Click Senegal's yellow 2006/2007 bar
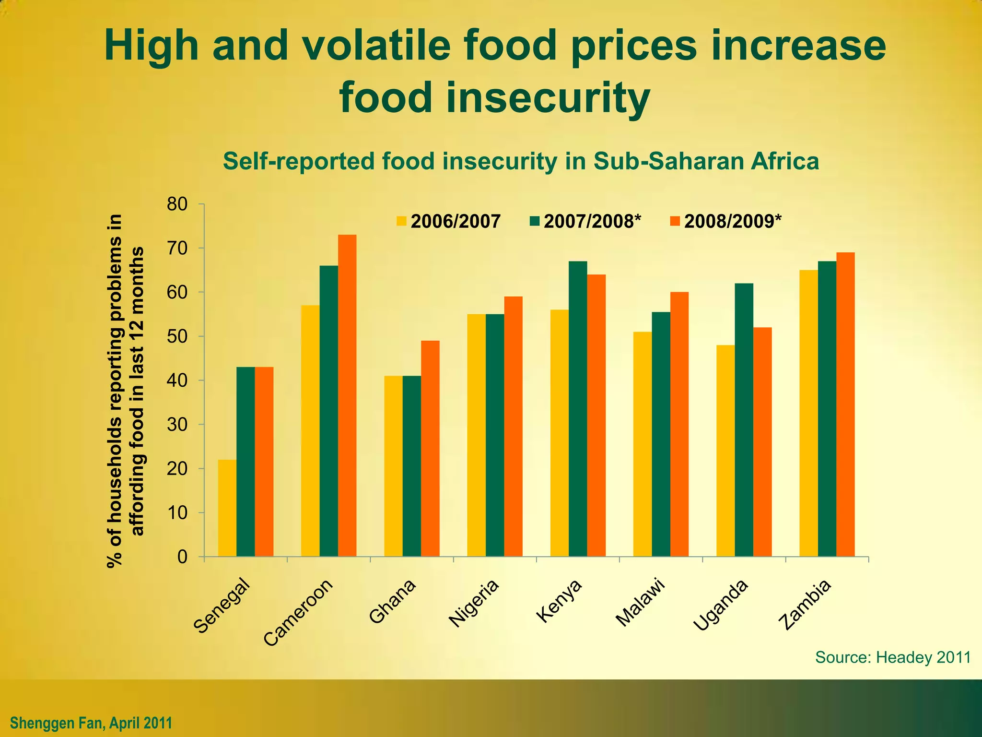point(227,509)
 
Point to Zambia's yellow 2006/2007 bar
point(808,413)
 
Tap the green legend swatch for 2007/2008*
point(535,221)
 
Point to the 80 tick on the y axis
point(177,204)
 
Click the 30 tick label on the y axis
point(177,425)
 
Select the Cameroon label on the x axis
point(298,613)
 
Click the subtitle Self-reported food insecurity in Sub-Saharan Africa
point(521,161)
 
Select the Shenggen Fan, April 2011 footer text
point(91,722)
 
